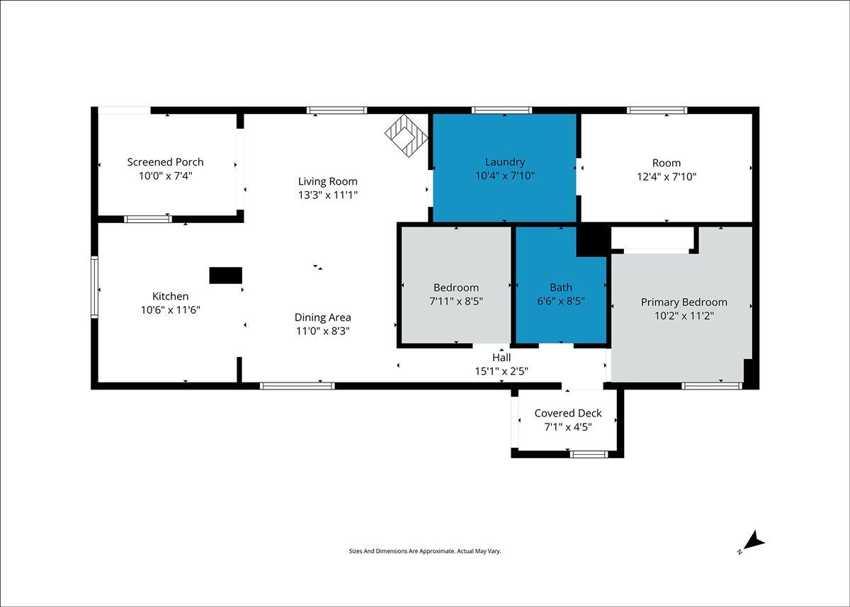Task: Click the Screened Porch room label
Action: click(165, 162)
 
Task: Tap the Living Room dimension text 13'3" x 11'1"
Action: click(327, 195)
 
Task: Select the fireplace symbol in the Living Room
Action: click(407, 134)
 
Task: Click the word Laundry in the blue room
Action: click(504, 162)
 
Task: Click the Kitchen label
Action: click(170, 296)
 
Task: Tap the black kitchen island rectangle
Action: click(225, 276)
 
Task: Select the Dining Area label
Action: click(322, 317)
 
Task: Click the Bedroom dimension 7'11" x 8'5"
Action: click(455, 301)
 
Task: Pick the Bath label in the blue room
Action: click(560, 288)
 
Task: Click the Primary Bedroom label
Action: click(684, 302)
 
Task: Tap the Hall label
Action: click(501, 358)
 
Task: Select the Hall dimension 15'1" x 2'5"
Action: click(501, 370)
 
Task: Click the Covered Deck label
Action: click(567, 413)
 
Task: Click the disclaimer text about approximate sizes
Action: click(424, 550)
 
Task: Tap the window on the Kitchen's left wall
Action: click(94, 286)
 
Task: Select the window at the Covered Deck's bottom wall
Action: click(589, 454)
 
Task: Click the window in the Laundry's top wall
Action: click(501, 110)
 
